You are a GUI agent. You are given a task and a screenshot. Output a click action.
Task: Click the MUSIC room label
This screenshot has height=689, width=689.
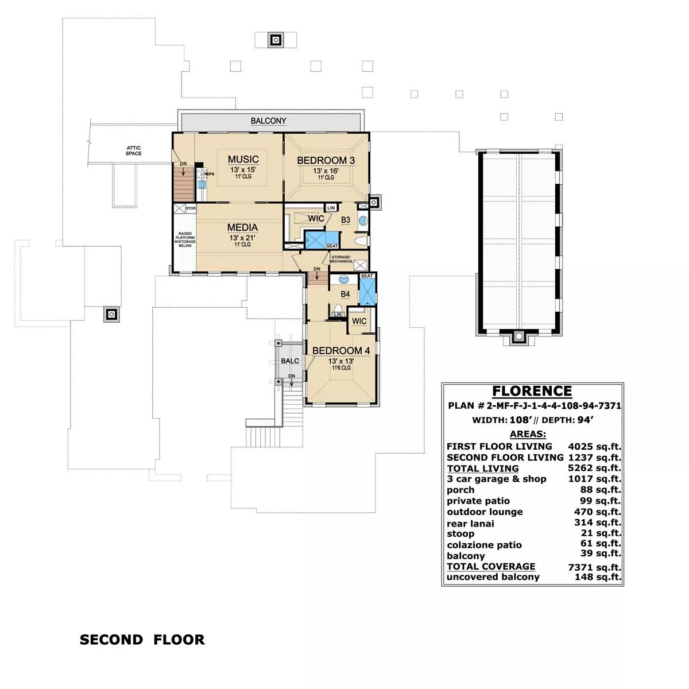tap(243, 159)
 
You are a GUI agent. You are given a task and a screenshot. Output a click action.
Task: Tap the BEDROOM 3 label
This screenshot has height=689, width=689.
tap(326, 161)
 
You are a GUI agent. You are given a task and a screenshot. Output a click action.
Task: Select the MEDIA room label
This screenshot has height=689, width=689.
tap(242, 227)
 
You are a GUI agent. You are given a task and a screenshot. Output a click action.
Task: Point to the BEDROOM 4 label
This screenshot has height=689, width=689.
tap(341, 351)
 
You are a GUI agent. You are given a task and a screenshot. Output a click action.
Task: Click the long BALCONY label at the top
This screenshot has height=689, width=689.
tap(268, 121)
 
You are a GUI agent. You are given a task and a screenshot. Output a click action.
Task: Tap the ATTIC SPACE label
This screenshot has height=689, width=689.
tap(133, 150)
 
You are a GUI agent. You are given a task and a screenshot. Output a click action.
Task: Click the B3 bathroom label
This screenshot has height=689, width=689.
tap(346, 220)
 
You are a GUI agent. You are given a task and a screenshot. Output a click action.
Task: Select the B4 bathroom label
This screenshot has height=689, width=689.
tap(345, 294)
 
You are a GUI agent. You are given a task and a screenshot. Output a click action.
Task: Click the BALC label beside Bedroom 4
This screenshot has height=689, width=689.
tap(290, 361)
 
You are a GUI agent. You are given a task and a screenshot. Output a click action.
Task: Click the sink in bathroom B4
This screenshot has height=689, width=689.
tap(343, 279)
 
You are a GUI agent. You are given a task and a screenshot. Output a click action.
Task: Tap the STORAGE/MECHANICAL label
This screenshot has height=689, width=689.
tap(340, 259)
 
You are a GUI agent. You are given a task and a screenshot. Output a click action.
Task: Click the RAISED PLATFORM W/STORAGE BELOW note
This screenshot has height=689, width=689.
tap(185, 239)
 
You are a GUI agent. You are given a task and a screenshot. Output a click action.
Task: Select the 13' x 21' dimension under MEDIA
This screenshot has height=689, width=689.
tap(242, 238)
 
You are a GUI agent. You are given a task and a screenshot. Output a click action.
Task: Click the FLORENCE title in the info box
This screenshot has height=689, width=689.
tap(532, 391)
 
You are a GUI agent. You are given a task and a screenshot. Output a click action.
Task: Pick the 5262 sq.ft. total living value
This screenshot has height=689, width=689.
tap(595, 468)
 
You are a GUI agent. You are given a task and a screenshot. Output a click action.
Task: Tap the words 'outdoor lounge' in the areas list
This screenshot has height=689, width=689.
tap(485, 512)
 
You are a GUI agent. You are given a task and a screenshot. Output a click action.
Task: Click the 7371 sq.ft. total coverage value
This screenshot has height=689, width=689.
tap(595, 567)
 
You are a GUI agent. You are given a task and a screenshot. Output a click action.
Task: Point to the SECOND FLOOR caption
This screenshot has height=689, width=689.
tap(142, 640)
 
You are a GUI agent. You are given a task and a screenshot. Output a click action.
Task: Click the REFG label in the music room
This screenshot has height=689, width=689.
tap(209, 174)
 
